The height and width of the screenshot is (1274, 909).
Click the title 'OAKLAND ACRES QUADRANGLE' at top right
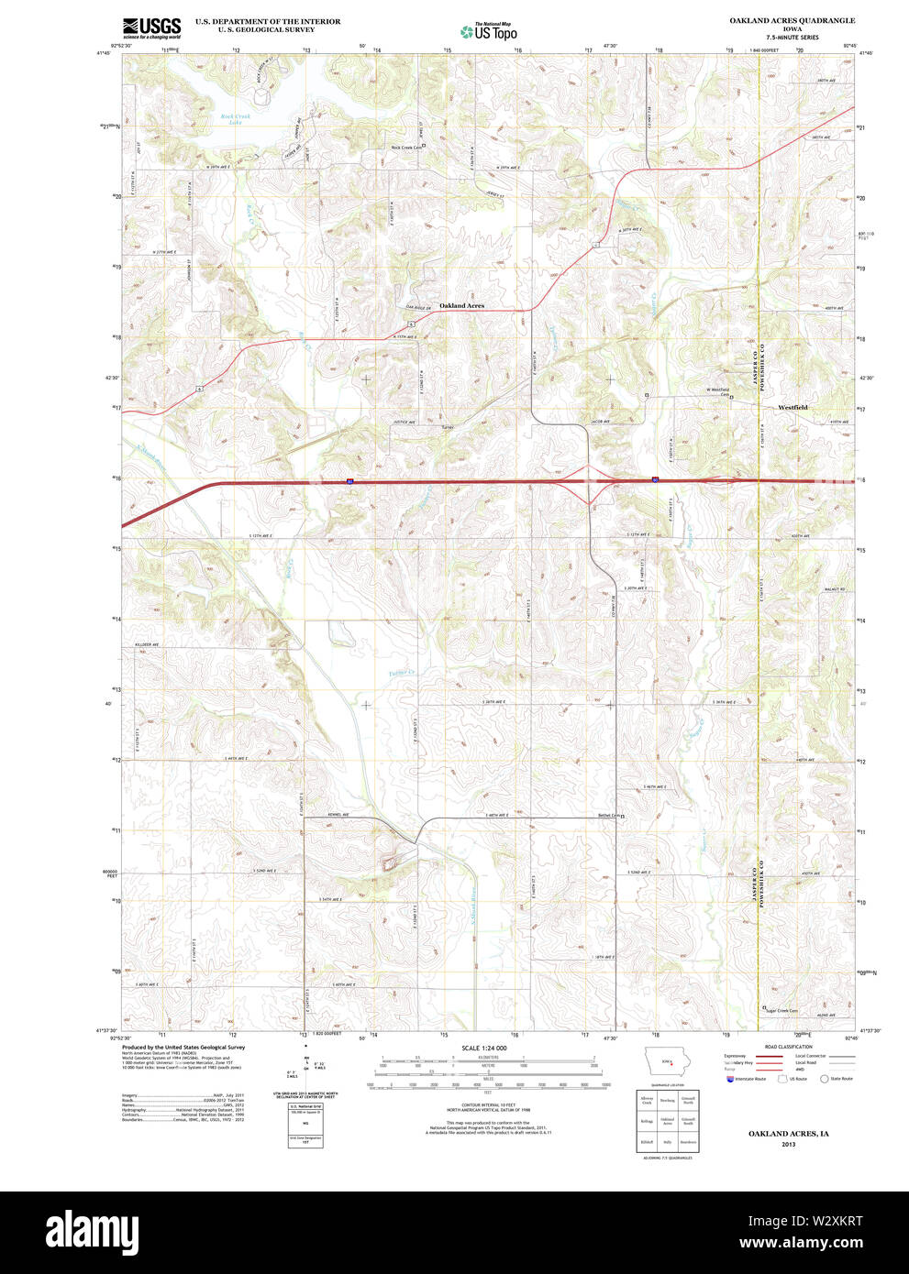tap(792, 20)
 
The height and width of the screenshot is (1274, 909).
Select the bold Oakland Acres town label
tap(461, 305)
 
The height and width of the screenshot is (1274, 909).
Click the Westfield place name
tap(793, 407)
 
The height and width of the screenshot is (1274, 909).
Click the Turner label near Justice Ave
tap(448, 427)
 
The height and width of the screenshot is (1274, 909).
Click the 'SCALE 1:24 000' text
tap(483, 1048)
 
